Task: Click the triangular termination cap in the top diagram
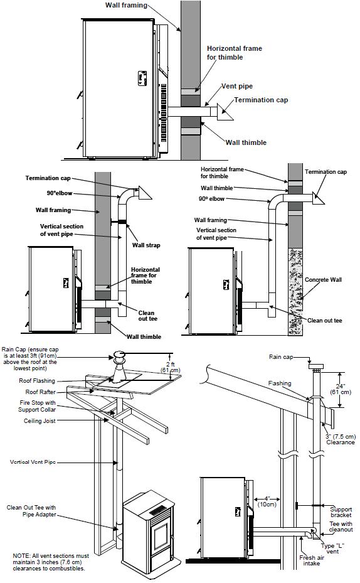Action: pyautogui.click(x=225, y=112)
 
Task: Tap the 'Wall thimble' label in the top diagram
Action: pyautogui.click(x=246, y=142)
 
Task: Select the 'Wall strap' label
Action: pyautogui.click(x=146, y=245)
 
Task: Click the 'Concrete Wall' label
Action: pyautogui.click(x=323, y=280)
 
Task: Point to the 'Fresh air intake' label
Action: pyautogui.click(x=312, y=560)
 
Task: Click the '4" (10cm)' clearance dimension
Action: pyautogui.click(x=267, y=501)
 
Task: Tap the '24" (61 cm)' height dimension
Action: pyautogui.click(x=341, y=389)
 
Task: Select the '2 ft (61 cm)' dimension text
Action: pyautogui.click(x=171, y=367)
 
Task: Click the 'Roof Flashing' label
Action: pyautogui.click(x=37, y=381)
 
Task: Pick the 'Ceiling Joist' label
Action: pyautogui.click(x=40, y=421)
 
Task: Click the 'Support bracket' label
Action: pyautogui.click(x=341, y=512)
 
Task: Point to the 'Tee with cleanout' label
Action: pyautogui.click(x=341, y=527)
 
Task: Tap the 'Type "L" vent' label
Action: pyautogui.click(x=332, y=548)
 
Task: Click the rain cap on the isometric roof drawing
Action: pyautogui.click(x=120, y=357)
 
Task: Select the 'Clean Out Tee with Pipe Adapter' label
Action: pyautogui.click(x=31, y=511)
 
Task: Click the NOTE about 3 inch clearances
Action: pyautogui.click(x=51, y=562)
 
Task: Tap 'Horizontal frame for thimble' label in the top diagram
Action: pyautogui.click(x=235, y=53)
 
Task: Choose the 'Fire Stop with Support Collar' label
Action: pyautogui.click(x=37, y=406)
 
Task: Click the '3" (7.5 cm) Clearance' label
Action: pyautogui.click(x=341, y=439)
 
